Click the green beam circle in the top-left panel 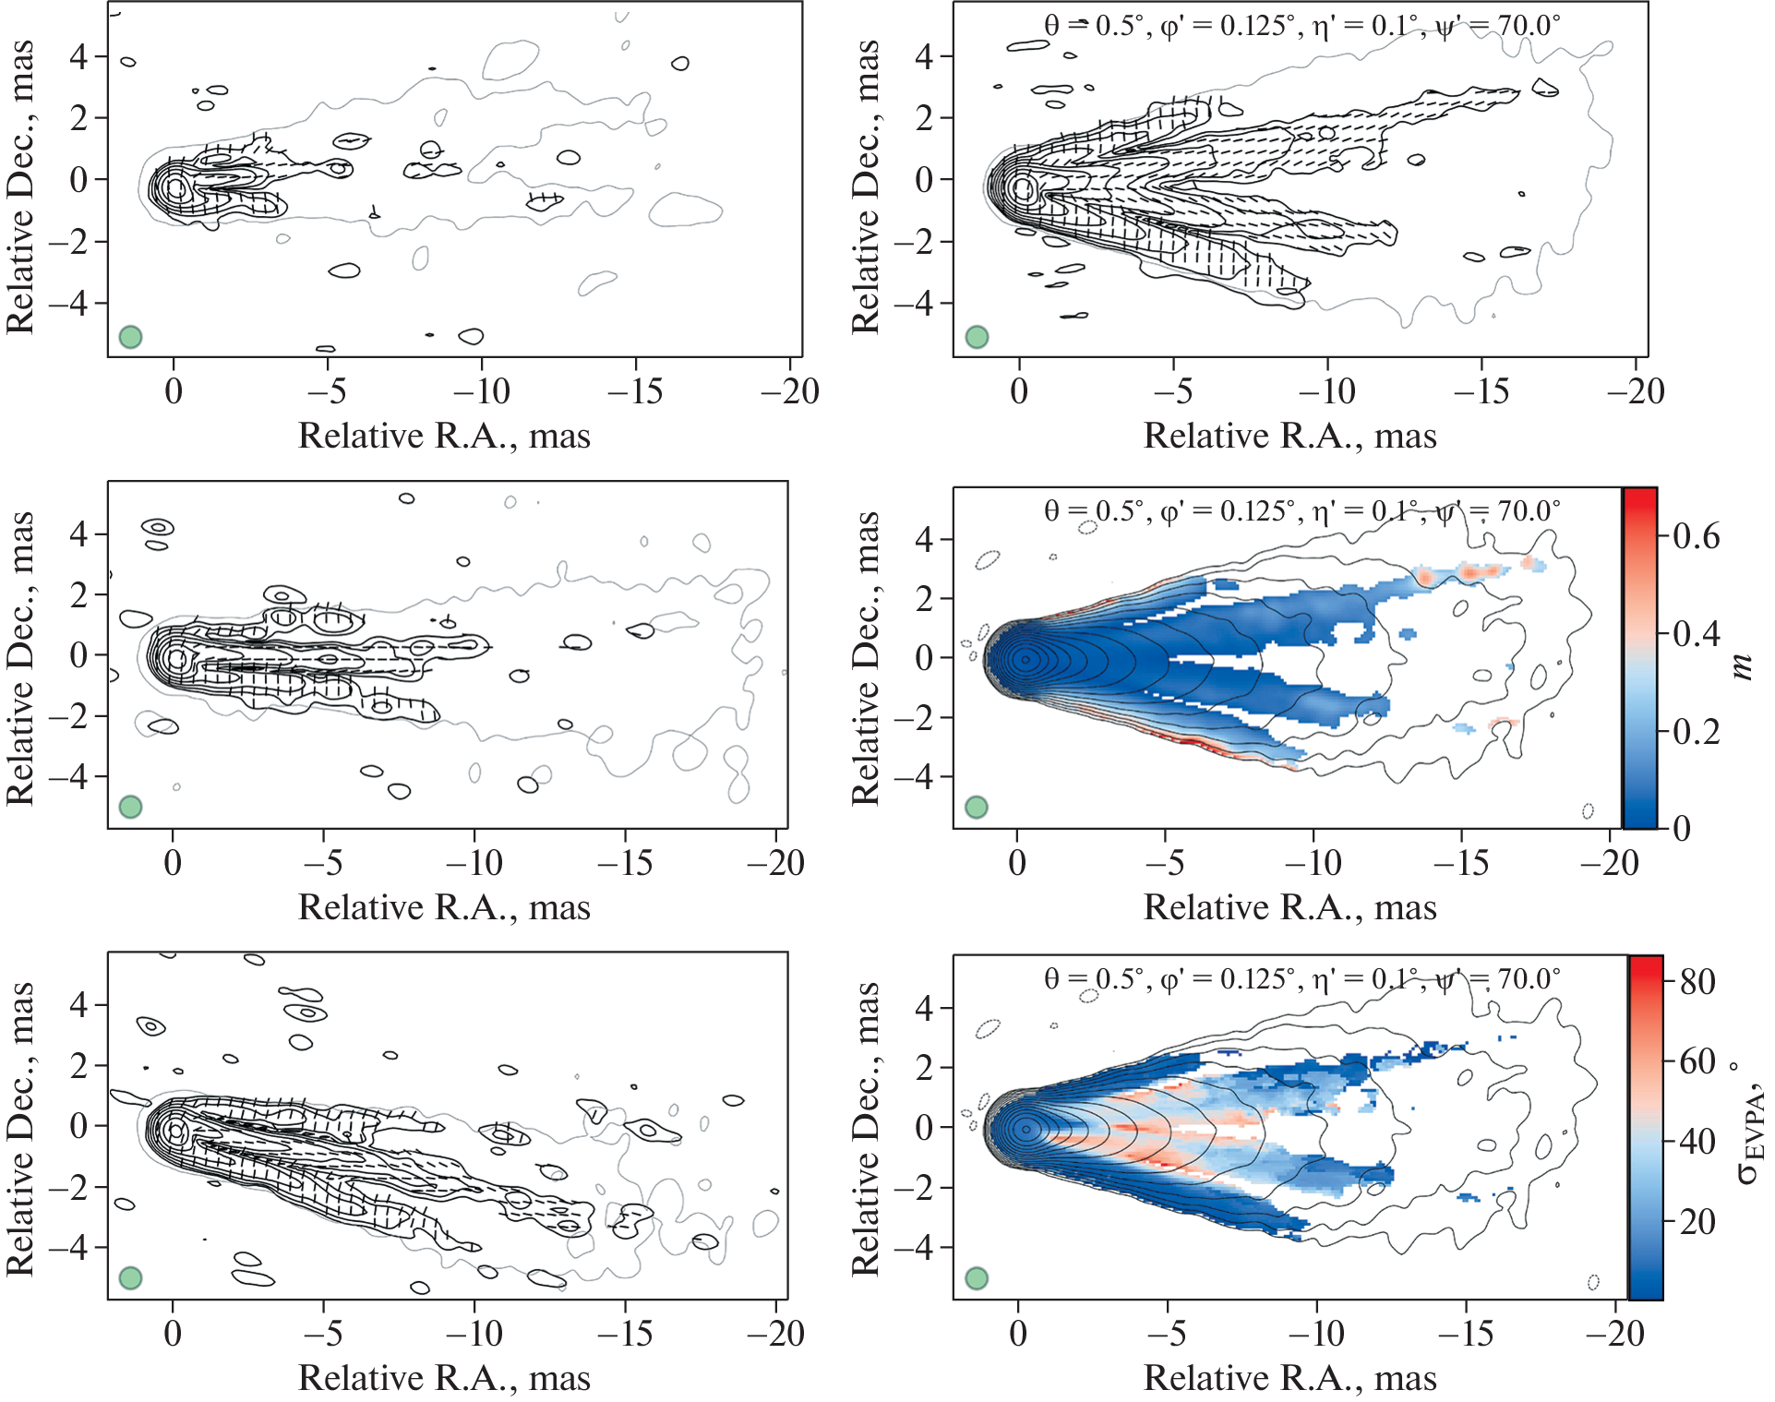pyautogui.click(x=130, y=337)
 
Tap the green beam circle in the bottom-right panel pyautogui.click(x=977, y=1278)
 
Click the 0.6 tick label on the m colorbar pyautogui.click(x=1696, y=536)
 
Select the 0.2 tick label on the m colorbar pyautogui.click(x=1696, y=732)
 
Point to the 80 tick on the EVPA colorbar pyautogui.click(x=1697, y=981)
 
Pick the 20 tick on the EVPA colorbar pyautogui.click(x=1697, y=1222)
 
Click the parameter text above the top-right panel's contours pyautogui.click(x=1301, y=25)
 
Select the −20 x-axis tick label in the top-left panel pyautogui.click(x=790, y=391)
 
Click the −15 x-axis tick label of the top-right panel pyautogui.click(x=1481, y=391)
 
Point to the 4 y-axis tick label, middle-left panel pyautogui.click(x=79, y=534)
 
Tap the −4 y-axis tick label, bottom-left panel pyautogui.click(x=68, y=1248)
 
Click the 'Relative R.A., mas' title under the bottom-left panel pyautogui.click(x=444, y=1378)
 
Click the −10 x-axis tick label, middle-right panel pyautogui.click(x=1313, y=863)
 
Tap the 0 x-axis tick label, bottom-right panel pyautogui.click(x=1018, y=1334)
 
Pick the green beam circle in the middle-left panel pyautogui.click(x=130, y=807)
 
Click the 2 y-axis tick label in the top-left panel pyautogui.click(x=79, y=118)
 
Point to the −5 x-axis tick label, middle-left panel pyautogui.click(x=323, y=863)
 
